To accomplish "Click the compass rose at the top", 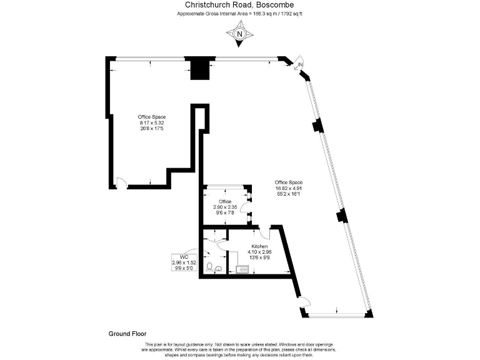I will tap(240, 34).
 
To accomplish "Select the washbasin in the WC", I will tap(219, 269).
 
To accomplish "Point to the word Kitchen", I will tap(259, 247).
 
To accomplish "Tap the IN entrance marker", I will tap(300, 65).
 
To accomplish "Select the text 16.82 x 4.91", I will tap(289, 188).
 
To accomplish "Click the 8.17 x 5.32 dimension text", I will tap(152, 123).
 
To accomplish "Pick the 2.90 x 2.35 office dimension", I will tap(225, 207).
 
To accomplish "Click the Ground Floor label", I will tap(127, 334).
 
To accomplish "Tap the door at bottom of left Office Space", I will tap(122, 182).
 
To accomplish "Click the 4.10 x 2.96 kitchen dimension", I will tap(259, 253).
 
